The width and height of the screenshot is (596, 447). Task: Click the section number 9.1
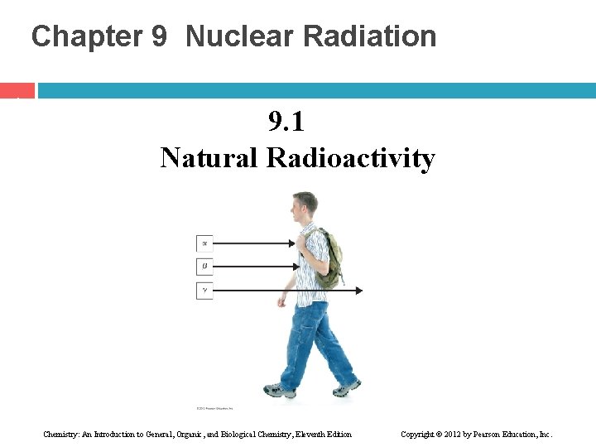click(x=286, y=123)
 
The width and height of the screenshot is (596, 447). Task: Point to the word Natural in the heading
click(x=209, y=157)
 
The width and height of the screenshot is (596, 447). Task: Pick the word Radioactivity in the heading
click(x=350, y=157)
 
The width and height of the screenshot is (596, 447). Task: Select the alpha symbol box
click(x=204, y=243)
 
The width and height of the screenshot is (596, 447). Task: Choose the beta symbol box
click(x=204, y=267)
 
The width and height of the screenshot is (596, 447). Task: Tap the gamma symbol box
click(x=204, y=291)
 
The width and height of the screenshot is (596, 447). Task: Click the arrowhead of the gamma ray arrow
click(x=358, y=291)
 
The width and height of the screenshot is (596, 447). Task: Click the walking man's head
click(x=305, y=205)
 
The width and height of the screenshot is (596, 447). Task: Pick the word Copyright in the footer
click(x=420, y=435)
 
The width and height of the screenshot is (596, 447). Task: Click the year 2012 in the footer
click(x=462, y=435)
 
